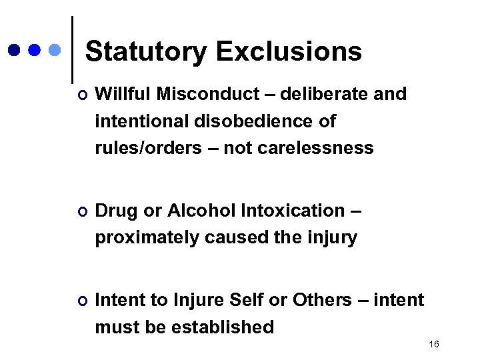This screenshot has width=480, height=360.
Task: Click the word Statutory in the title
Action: tap(146, 51)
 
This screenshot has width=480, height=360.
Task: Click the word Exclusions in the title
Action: tap(289, 51)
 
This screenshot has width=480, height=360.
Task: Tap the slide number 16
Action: tap(434, 344)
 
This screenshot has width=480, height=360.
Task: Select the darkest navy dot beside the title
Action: tap(14, 50)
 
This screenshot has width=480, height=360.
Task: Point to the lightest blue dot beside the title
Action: tap(55, 50)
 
